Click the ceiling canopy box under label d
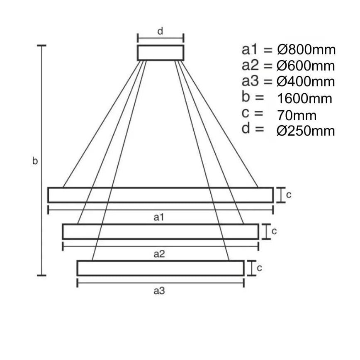pyautogui.click(x=161, y=53)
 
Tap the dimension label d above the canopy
pyautogui.click(x=161, y=31)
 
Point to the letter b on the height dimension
pyautogui.click(x=35, y=161)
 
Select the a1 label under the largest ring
pyautogui.click(x=160, y=217)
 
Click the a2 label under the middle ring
pyautogui.click(x=160, y=254)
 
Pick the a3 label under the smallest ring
pyautogui.click(x=160, y=291)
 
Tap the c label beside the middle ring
pyautogui.click(x=274, y=231)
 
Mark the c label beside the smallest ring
pyautogui.click(x=259, y=268)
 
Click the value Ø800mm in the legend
pyautogui.click(x=306, y=50)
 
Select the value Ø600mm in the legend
pyautogui.click(x=306, y=66)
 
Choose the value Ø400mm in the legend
pyautogui.click(x=306, y=82)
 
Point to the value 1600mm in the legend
pyautogui.click(x=304, y=99)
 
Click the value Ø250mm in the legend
pyautogui.click(x=306, y=131)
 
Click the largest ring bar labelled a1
pyautogui.click(x=161, y=195)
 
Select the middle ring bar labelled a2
pyautogui.click(x=161, y=231)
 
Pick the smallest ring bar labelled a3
pyautogui.click(x=161, y=268)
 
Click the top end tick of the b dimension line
pyautogui.click(x=41, y=45)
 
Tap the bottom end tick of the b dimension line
pyautogui.click(x=41, y=275)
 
